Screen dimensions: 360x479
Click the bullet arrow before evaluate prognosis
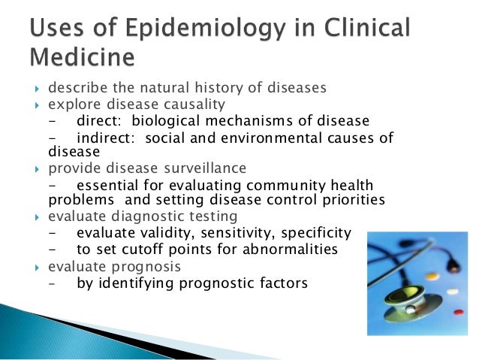pos(39,267)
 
